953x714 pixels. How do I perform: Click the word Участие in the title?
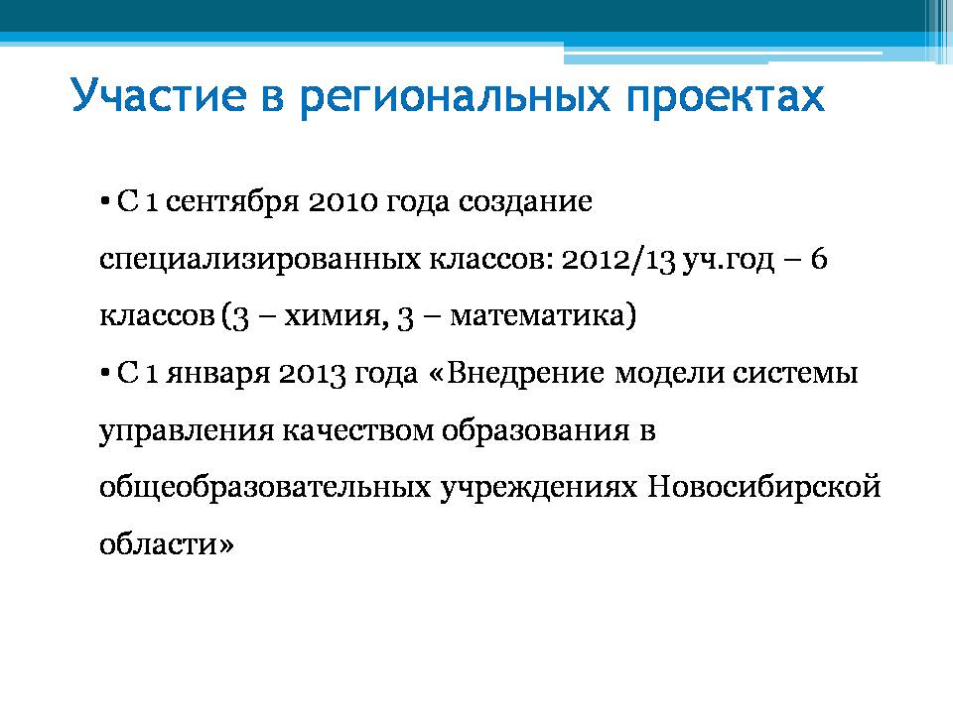click(158, 95)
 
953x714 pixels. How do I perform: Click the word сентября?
click(232, 201)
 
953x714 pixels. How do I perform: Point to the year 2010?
click(342, 201)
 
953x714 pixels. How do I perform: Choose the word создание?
click(525, 202)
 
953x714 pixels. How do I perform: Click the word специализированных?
click(260, 260)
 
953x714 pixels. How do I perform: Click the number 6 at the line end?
click(819, 259)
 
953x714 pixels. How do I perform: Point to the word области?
click(167, 544)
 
